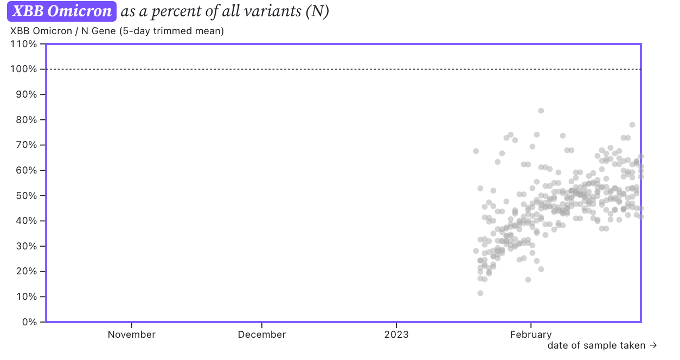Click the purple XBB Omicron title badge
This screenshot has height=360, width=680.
[62, 11]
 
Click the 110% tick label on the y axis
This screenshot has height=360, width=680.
[24, 44]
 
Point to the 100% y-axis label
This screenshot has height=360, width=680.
[24, 69]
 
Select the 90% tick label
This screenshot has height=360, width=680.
[27, 94]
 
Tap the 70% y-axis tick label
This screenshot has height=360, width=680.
[27, 145]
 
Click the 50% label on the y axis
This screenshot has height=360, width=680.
[27, 196]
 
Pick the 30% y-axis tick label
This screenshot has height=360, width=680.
[27, 246]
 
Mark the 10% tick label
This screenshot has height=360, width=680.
[27, 297]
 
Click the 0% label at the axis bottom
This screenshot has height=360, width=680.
[29, 322]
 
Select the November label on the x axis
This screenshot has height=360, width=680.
[131, 335]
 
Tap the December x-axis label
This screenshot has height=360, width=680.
[262, 335]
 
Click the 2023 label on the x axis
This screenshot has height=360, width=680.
[396, 335]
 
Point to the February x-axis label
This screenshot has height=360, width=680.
[531, 335]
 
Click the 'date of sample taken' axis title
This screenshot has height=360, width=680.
[596, 345]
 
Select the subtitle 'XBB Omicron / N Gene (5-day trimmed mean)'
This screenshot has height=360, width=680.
[117, 31]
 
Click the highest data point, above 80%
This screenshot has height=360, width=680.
[541, 111]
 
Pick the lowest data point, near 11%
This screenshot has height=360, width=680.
[480, 293]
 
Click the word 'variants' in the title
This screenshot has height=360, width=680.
[273, 11]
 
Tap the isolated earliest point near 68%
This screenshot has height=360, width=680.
[476, 151]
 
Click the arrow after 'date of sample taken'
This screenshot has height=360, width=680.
[653, 345]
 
